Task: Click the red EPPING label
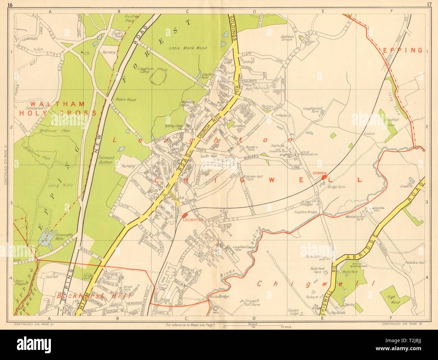point(403,50)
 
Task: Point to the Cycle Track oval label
point(117,34)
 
